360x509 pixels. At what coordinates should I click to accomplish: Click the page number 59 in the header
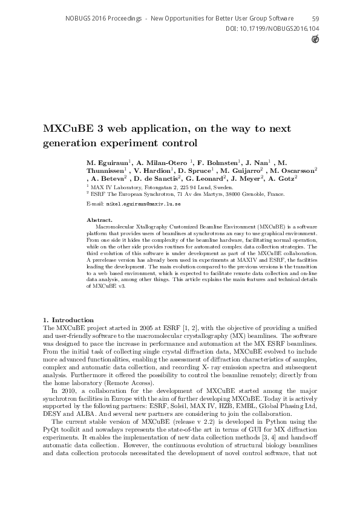coord(316,19)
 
